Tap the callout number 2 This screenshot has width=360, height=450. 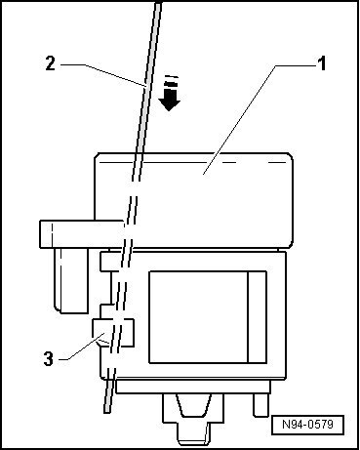pyautogui.click(x=48, y=65)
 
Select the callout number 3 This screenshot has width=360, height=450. pyautogui.click(x=48, y=358)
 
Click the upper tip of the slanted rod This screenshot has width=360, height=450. pyautogui.click(x=159, y=6)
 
